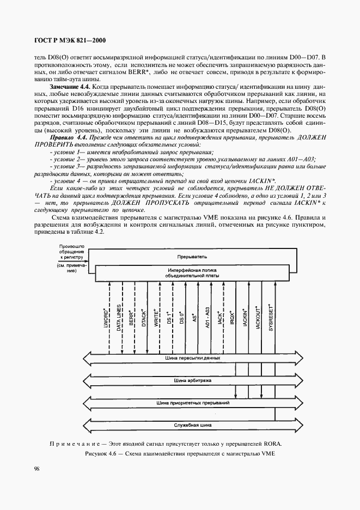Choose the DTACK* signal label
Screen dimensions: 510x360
tap(144, 317)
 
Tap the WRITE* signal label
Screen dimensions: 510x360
tap(157, 317)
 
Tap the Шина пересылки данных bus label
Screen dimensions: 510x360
tap(192, 358)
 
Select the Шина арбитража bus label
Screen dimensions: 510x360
tap(192, 380)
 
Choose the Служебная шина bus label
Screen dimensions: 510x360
tap(192, 424)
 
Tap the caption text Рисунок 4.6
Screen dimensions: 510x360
tap(106, 453)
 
